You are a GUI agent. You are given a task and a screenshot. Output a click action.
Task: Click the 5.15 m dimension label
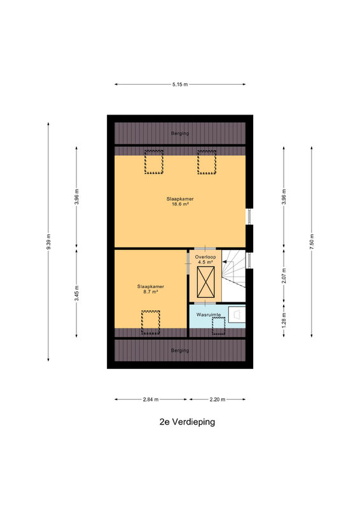point(180,85)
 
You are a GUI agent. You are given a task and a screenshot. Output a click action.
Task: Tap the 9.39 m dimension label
point(48,242)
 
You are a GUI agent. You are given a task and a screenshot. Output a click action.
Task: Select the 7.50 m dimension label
point(312,242)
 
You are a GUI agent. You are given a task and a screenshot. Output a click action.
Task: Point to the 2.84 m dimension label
point(151,400)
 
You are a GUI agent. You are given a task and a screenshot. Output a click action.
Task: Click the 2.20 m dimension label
point(217,400)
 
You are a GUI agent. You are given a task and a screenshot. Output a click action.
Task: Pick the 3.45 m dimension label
point(76,293)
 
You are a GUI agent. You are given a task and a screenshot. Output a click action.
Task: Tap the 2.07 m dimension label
point(284,275)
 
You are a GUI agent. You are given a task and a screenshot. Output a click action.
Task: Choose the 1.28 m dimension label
point(284,320)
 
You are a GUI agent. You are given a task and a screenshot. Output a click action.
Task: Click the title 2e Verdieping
point(187,422)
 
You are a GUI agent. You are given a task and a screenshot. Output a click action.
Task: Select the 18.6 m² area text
point(180,204)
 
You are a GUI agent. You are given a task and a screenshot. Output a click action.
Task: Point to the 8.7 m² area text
point(150,292)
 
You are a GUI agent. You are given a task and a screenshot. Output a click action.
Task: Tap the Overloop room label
point(205,257)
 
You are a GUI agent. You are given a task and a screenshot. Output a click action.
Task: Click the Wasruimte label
point(209,314)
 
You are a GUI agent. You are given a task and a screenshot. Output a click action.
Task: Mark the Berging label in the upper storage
point(180,133)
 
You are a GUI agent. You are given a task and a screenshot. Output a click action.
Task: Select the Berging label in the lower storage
point(180,351)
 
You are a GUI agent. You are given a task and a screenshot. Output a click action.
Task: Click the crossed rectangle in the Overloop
point(206,282)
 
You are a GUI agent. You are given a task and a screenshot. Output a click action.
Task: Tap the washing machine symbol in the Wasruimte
point(237,314)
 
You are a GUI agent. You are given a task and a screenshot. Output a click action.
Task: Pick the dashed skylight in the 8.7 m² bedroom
point(150,323)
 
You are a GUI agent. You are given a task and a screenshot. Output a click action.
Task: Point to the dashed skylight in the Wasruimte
point(218,326)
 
